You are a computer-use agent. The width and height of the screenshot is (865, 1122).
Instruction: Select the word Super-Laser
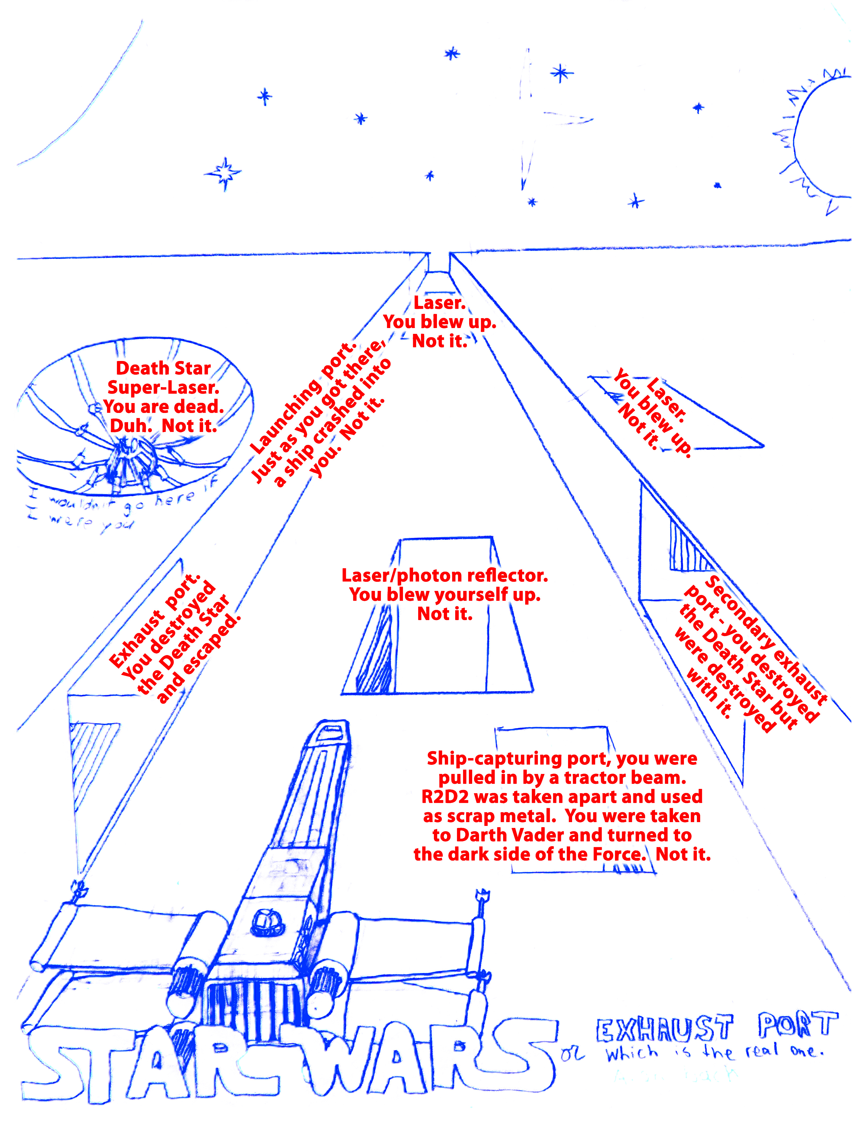pyautogui.click(x=163, y=387)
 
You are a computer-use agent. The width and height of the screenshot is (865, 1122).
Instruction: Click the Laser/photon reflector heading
pyautogui.click(x=445, y=575)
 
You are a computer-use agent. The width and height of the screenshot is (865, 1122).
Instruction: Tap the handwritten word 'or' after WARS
pyautogui.click(x=572, y=1054)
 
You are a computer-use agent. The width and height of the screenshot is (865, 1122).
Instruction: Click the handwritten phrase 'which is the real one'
pyautogui.click(x=714, y=1053)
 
